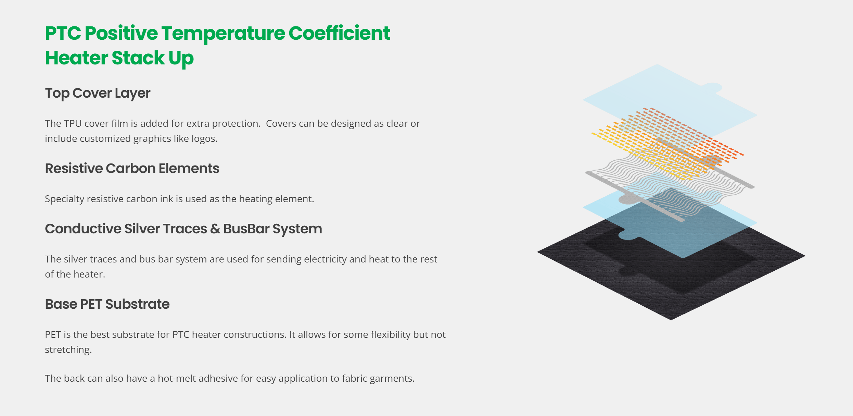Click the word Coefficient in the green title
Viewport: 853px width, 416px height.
tap(339, 33)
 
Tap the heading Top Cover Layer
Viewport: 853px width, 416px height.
tap(98, 93)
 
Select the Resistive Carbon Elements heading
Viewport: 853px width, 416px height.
tap(132, 168)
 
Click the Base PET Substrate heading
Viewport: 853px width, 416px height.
tap(107, 304)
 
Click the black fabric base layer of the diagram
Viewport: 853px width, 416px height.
tap(671, 298)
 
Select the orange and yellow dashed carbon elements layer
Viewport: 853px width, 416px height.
tap(667, 144)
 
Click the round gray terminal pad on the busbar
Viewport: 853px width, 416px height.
tap(628, 199)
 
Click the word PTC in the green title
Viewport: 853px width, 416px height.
tap(63, 33)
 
